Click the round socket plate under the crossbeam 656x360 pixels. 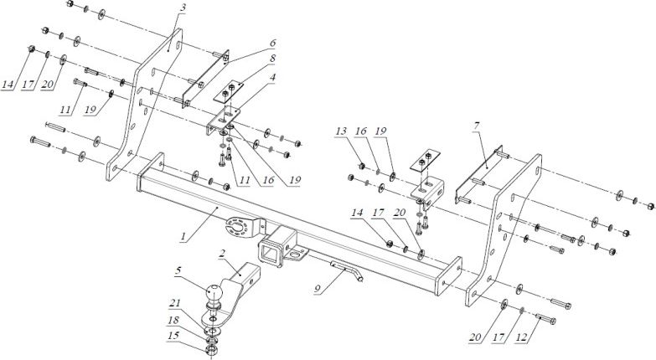[240, 226]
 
